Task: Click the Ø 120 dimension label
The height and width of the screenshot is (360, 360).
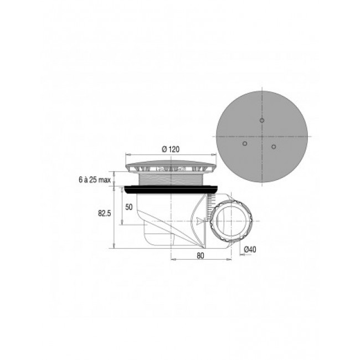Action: click(x=171, y=150)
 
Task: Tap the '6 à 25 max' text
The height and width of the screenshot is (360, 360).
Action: click(x=95, y=180)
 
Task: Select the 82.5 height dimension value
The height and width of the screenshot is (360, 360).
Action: click(x=105, y=213)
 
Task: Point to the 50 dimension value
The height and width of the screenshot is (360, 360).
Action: click(x=129, y=207)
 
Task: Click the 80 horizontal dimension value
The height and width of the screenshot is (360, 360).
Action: click(x=200, y=255)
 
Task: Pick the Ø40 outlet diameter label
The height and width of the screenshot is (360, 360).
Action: click(x=250, y=249)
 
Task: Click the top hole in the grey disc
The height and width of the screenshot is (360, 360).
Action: click(x=262, y=120)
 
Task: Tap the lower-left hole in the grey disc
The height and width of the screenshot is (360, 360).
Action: click(x=245, y=144)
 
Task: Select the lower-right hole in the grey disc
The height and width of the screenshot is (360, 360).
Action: click(x=274, y=146)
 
